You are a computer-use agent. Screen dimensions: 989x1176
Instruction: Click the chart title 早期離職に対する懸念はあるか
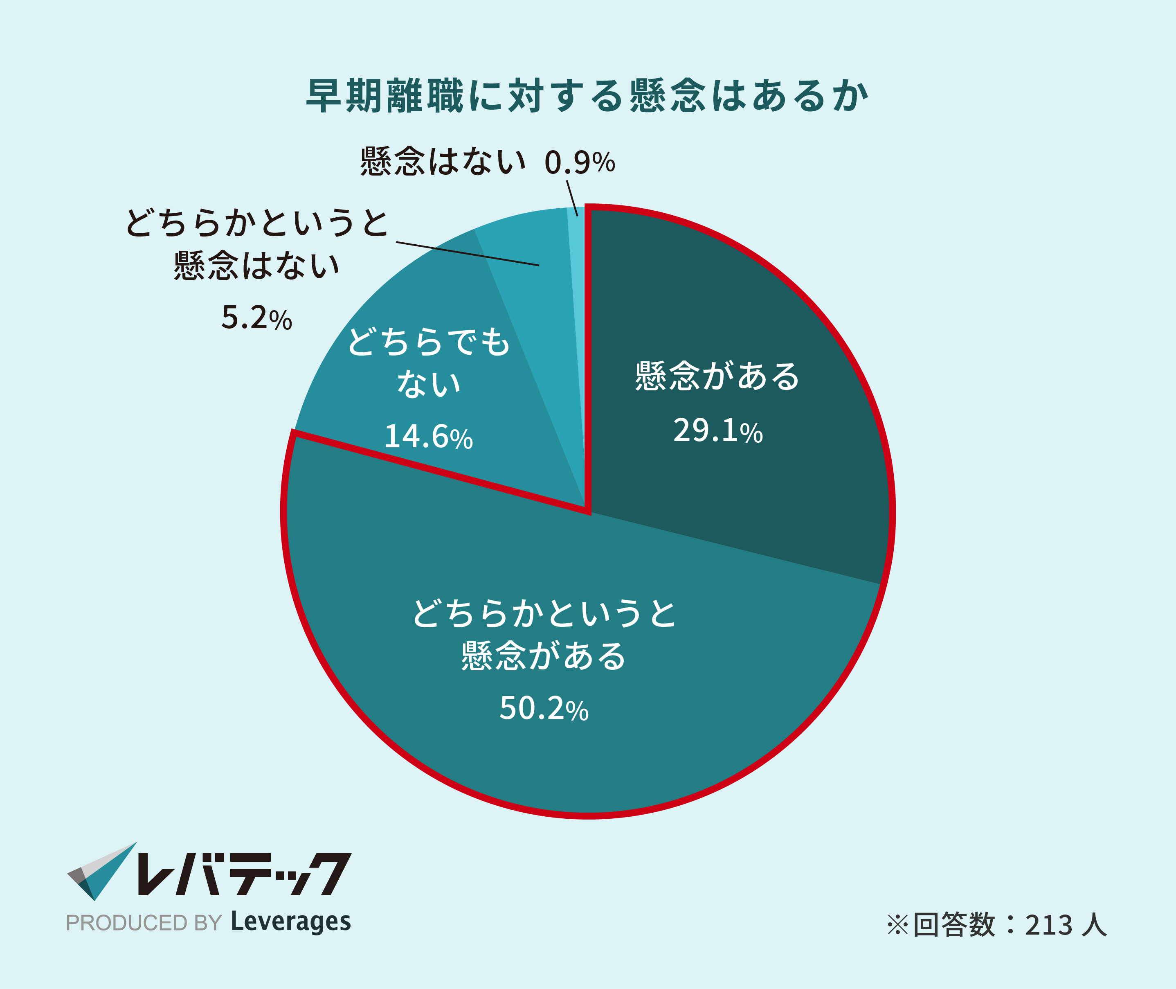(587, 96)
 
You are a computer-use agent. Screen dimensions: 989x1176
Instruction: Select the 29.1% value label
(718, 430)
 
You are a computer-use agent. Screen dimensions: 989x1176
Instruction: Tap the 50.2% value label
(544, 708)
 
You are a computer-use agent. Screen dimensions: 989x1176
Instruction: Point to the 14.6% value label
(428, 436)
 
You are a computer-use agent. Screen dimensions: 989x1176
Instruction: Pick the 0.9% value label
(580, 162)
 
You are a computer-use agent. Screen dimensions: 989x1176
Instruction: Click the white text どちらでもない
(429, 362)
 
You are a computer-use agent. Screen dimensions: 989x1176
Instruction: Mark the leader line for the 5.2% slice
(468, 253)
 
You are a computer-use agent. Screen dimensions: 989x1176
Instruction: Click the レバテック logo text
(244, 874)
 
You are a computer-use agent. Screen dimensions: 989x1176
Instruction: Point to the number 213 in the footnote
(1049, 925)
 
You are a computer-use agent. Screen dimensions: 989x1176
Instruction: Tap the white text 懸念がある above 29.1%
(717, 376)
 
